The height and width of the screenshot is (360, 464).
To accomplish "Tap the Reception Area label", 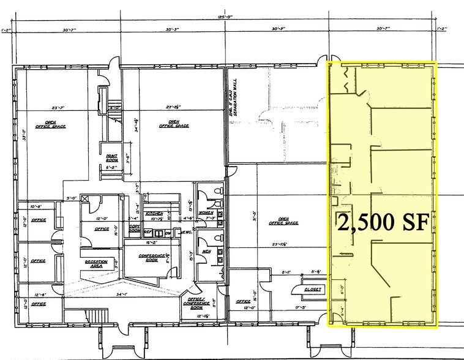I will (x=96, y=264).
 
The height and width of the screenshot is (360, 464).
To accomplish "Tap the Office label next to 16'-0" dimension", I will (x=102, y=229).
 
